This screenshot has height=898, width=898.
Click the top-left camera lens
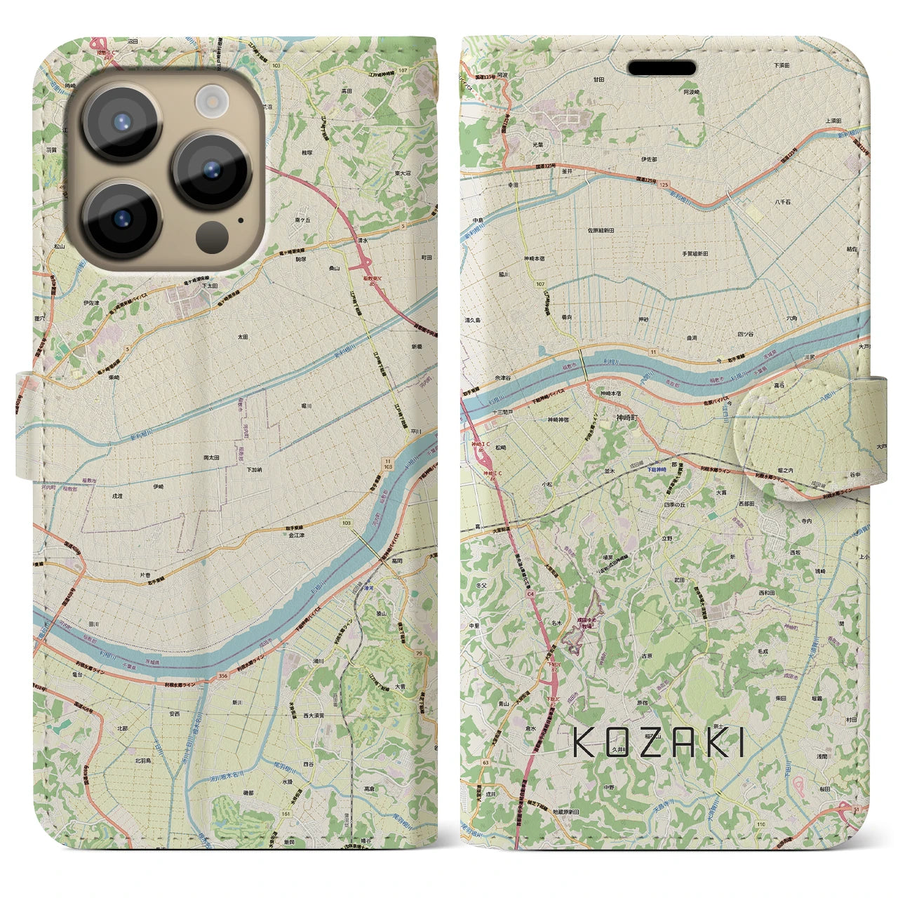(x=121, y=121)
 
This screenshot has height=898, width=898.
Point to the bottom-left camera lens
(x=121, y=220)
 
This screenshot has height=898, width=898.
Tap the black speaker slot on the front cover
(x=662, y=68)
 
